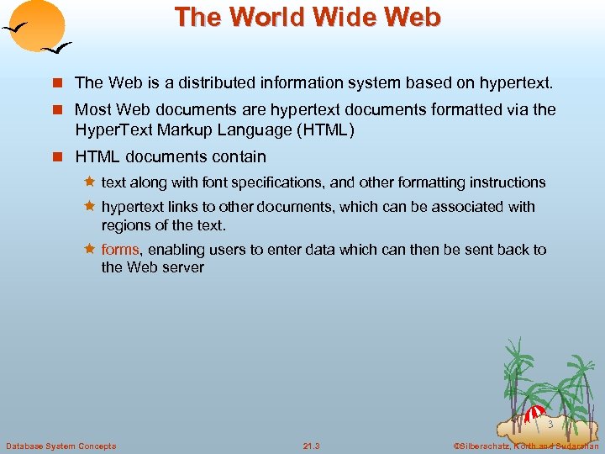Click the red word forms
point(119,250)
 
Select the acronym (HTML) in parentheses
point(323,129)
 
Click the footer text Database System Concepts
point(60,446)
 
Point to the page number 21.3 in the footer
point(311,446)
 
